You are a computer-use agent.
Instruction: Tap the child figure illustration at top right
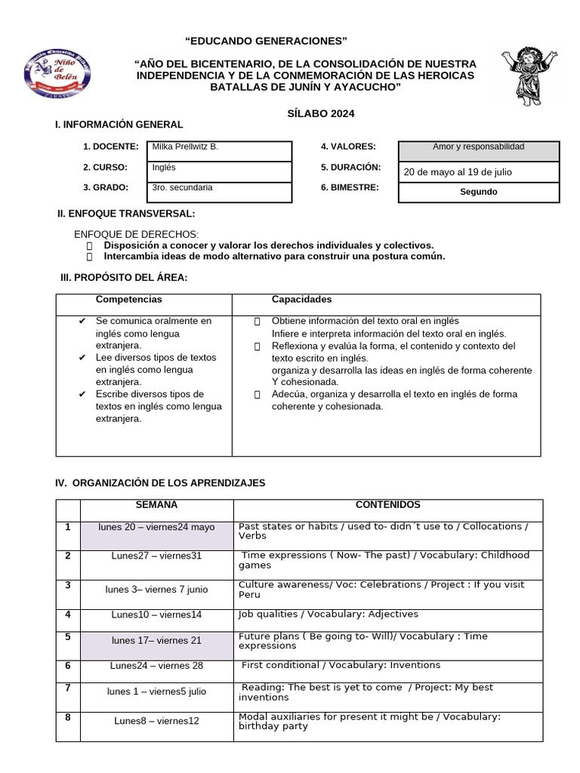(529, 76)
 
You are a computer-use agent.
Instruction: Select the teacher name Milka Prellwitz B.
(185, 146)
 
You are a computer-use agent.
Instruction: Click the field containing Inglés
(164, 168)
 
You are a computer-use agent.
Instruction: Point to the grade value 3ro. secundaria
(182, 187)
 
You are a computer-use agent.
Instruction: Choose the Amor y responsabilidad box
(478, 147)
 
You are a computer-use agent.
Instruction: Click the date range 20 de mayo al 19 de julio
(458, 172)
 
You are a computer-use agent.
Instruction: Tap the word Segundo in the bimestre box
(478, 192)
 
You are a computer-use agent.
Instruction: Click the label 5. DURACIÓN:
(350, 167)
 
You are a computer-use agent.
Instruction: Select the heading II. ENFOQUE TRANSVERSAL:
(126, 214)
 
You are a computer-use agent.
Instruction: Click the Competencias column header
(128, 300)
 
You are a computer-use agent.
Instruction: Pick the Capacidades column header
(301, 300)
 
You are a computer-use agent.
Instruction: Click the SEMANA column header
(156, 505)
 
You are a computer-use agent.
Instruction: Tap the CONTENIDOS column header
(387, 505)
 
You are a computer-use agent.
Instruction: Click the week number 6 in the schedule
(67, 666)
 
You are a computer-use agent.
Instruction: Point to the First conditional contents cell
(341, 666)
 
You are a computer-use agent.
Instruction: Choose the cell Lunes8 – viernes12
(156, 721)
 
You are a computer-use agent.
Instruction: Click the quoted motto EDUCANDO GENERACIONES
(267, 40)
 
